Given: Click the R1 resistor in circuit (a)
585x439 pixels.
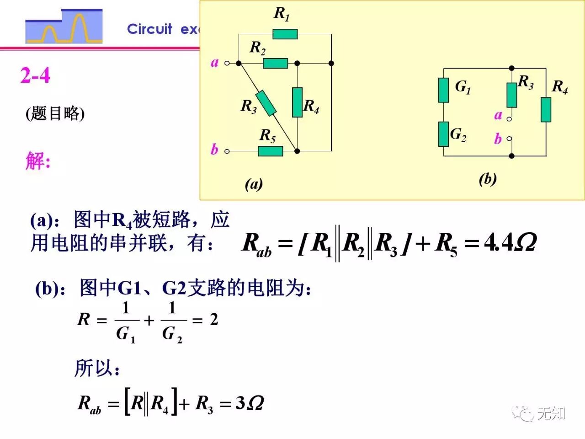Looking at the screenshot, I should click(x=285, y=34).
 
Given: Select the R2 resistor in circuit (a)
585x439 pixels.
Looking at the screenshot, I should click(x=275, y=63).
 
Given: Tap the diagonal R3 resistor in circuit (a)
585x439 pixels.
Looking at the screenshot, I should click(x=266, y=103).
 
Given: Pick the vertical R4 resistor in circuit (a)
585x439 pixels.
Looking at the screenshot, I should click(x=297, y=102).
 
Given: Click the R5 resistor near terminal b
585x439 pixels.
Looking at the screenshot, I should click(x=270, y=151).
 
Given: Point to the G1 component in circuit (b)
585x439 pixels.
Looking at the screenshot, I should click(x=443, y=90).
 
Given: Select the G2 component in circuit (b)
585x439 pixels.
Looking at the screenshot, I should click(x=443, y=134).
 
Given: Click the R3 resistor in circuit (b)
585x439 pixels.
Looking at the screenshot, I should click(x=512, y=95).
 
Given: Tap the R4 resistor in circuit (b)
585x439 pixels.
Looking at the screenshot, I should click(x=546, y=110).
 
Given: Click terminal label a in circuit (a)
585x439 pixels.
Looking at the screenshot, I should click(x=214, y=62).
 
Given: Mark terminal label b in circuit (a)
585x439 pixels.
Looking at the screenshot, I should click(x=214, y=150).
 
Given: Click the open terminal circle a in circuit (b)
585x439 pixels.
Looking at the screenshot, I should click(x=509, y=119).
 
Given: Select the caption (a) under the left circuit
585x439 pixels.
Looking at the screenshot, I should click(x=254, y=184).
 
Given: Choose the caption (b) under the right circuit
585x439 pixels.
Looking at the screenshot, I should click(x=488, y=179).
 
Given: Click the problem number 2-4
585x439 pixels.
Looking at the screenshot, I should click(x=35, y=75).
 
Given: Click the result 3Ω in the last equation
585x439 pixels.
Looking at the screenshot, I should click(x=250, y=403).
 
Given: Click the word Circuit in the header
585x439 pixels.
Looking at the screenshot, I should click(x=149, y=29).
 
